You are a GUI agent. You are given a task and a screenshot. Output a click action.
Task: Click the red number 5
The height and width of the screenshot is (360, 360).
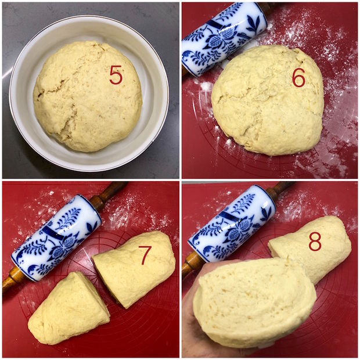pos(116,75)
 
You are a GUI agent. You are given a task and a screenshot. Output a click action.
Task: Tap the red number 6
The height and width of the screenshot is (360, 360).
pos(299,78)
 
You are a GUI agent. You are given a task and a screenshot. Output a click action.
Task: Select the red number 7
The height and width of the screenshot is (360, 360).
pos(145,255)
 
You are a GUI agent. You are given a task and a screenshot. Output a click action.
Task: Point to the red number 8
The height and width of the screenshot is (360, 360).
pos(315,242)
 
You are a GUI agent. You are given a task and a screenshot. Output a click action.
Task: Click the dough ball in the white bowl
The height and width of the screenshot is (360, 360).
pos(88,96)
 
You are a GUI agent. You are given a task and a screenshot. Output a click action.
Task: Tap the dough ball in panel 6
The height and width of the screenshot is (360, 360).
pos(268,100)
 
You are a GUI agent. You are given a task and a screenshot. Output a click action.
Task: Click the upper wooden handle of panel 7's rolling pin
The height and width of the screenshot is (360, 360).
pos(108,193)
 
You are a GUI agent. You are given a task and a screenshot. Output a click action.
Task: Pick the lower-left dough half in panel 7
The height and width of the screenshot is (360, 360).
pos(69,309)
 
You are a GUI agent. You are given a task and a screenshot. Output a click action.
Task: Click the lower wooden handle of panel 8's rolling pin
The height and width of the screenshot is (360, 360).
pos(192,264)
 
